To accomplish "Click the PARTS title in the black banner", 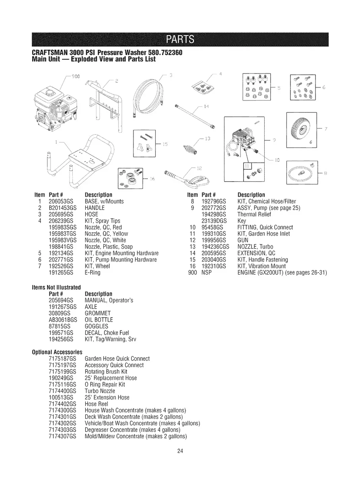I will coord(180,39).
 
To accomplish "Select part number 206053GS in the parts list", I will coord(62,201).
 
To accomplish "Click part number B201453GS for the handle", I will coord(63,208).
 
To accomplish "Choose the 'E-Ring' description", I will coord(93,273).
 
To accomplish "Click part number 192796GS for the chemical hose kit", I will coord(214,201).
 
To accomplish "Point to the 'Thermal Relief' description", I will coord(254,214).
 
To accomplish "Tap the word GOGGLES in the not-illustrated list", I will coord(97,326).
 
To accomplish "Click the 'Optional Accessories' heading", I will coord(57,352).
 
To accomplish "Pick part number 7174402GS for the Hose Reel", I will coord(62,403).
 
